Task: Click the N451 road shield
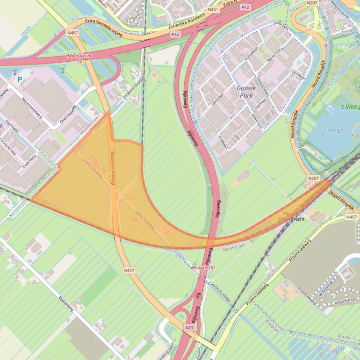point(213,9)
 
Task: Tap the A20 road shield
point(189,328)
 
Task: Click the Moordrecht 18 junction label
point(203,270)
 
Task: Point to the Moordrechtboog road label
point(113,168)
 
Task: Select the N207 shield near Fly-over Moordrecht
point(313,178)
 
